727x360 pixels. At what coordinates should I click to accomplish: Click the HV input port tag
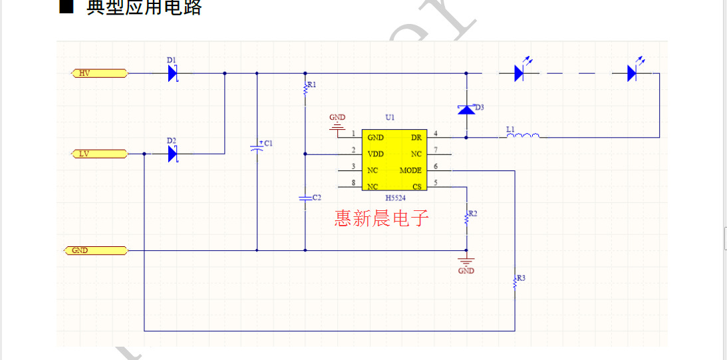click(x=99, y=73)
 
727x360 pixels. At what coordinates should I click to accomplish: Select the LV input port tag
click(x=99, y=154)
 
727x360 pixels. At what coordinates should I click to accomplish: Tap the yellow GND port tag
click(x=95, y=251)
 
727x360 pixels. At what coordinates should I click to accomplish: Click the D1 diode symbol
click(x=173, y=73)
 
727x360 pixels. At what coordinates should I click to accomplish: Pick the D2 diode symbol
click(x=173, y=154)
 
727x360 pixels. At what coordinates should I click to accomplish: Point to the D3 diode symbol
click(x=466, y=109)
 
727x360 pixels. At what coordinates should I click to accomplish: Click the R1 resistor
click(x=305, y=89)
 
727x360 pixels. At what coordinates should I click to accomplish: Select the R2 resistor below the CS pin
click(x=466, y=217)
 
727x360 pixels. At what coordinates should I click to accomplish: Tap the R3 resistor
click(x=515, y=281)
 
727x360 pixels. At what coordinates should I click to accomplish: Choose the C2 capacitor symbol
click(x=305, y=198)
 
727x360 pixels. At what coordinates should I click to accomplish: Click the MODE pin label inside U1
click(x=410, y=170)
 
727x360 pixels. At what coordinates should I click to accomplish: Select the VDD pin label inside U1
click(x=376, y=154)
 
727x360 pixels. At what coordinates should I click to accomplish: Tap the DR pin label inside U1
click(x=416, y=137)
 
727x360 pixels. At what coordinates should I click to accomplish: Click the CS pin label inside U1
click(x=417, y=186)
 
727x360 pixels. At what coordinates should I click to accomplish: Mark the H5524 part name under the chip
click(x=395, y=198)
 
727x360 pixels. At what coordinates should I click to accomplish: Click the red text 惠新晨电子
click(x=382, y=218)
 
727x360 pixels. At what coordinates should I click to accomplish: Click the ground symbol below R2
click(x=466, y=261)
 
